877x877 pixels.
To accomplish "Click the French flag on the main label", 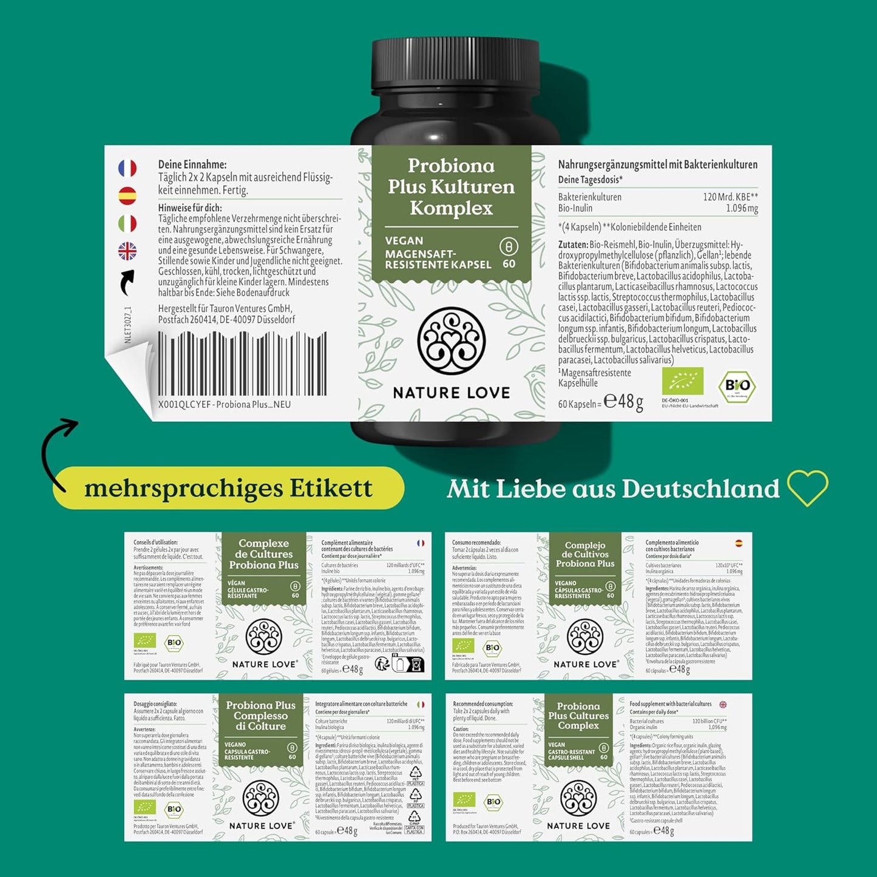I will click(127, 168).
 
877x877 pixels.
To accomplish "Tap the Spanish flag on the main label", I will click(127, 195).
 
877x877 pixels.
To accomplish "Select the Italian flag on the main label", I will click(127, 223).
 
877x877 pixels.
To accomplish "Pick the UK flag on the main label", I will click(127, 251).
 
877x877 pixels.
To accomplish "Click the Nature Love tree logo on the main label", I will click(451, 340).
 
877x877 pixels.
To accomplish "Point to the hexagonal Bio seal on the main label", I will click(737, 385).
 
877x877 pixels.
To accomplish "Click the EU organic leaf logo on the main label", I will click(682, 381).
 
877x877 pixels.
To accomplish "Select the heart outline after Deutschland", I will click(807, 488).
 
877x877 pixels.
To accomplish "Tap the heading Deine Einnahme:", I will click(192, 164).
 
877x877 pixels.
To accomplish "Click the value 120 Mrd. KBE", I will click(730, 197).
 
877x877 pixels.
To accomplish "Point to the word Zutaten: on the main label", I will click(573, 245).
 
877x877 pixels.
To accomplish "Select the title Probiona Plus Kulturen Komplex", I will click(451, 187).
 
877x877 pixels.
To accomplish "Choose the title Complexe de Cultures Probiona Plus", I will click(263, 554).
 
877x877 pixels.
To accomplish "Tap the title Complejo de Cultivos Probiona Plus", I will click(585, 554).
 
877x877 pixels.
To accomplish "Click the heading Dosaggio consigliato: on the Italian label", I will click(155, 704).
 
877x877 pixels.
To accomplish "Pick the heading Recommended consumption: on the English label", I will click(483, 704).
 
